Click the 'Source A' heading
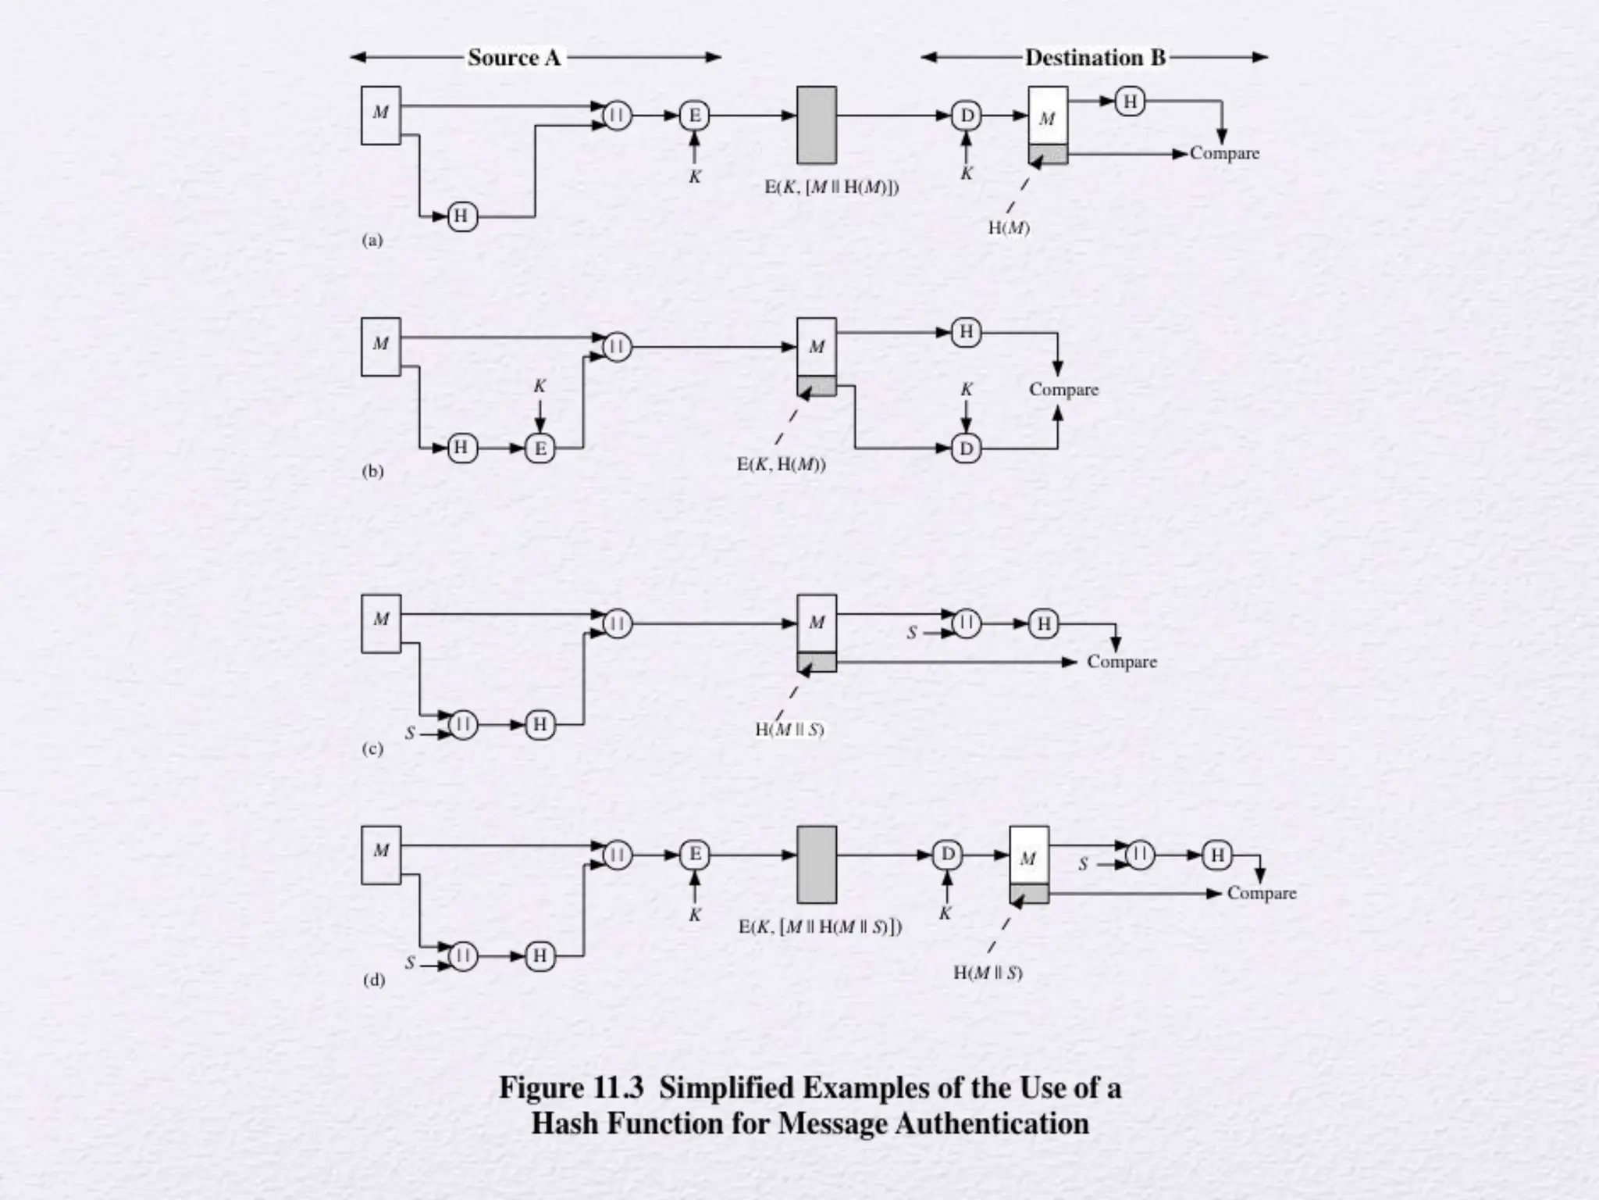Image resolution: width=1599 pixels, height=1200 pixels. point(515,57)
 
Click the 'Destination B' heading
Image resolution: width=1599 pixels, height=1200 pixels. point(1095,57)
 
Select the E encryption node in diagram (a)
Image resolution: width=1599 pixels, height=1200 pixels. point(694,116)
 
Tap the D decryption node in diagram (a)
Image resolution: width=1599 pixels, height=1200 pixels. point(967,116)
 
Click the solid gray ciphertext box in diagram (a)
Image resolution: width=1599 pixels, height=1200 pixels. point(817,125)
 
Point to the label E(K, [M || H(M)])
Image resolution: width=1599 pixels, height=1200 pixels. point(832,187)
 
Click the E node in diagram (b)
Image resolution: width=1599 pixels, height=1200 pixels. point(540,448)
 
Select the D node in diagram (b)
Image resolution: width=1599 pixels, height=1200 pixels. point(967,448)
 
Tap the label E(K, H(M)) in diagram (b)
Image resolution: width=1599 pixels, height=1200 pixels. point(781,465)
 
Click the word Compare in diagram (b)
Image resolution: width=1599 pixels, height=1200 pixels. point(1063,389)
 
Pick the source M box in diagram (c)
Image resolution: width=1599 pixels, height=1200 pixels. point(381,623)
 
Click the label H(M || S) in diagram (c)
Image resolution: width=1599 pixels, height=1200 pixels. point(789,730)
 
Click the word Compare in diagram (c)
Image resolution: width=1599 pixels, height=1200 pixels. point(1121,662)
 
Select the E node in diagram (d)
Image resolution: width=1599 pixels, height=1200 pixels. point(694,855)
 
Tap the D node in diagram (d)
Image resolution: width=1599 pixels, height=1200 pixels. point(948,855)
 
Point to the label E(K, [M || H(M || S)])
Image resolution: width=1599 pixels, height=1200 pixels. point(820,927)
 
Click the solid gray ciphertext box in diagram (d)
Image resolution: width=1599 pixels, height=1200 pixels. point(817,864)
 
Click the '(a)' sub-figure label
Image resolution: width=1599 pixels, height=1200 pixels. point(372,240)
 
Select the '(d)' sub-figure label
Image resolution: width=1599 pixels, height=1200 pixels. point(374,980)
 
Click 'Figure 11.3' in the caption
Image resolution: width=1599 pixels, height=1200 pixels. point(572,1087)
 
